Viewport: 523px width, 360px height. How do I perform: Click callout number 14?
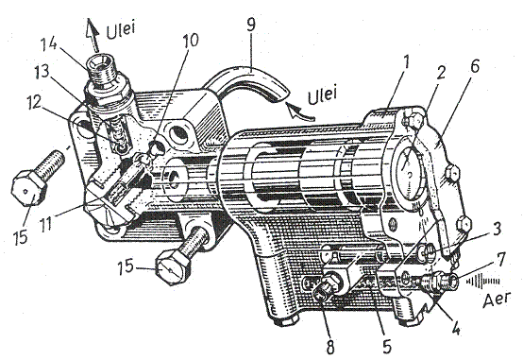(49, 44)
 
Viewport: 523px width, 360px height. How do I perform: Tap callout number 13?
(43, 72)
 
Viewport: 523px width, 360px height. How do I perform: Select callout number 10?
(191, 40)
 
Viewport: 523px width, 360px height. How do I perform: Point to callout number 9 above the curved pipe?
(252, 25)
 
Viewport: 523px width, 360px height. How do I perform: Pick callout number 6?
(475, 66)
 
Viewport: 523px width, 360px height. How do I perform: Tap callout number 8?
(329, 347)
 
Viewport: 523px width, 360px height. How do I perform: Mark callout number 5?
(387, 347)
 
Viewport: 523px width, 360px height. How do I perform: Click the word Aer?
(497, 300)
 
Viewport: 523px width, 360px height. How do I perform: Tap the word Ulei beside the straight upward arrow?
(121, 30)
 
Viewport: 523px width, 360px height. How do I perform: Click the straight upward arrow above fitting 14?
(93, 35)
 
